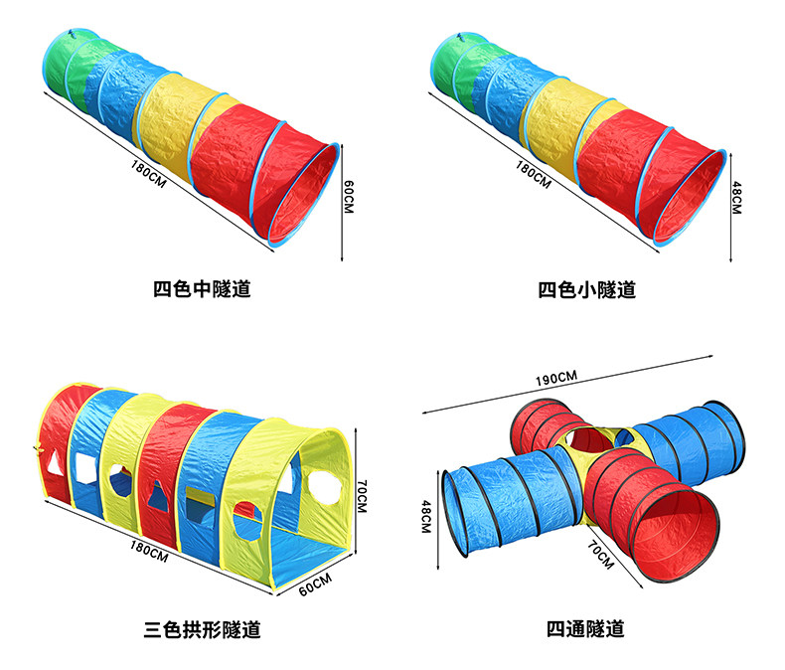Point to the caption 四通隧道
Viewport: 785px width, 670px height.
(x=585, y=630)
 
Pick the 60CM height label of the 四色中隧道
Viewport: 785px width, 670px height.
(x=348, y=195)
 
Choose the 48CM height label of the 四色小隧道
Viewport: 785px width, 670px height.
(x=736, y=197)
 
